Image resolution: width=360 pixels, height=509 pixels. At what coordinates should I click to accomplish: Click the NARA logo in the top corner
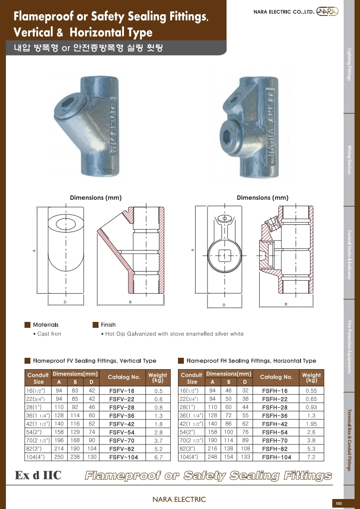click(x=327, y=11)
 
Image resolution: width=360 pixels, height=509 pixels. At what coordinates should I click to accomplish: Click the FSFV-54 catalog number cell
click(x=122, y=432)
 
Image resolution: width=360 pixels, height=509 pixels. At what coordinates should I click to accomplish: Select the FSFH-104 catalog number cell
click(x=276, y=457)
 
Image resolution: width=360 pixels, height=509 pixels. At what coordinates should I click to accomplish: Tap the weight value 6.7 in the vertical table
click(x=158, y=457)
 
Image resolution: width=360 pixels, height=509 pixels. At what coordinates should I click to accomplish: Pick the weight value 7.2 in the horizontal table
click(x=311, y=457)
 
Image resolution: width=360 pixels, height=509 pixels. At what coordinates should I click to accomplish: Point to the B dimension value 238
click(x=75, y=457)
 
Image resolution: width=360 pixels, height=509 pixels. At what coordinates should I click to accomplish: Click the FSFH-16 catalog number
click(x=275, y=391)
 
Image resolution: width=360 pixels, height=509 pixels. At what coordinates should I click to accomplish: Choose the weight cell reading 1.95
click(x=311, y=424)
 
